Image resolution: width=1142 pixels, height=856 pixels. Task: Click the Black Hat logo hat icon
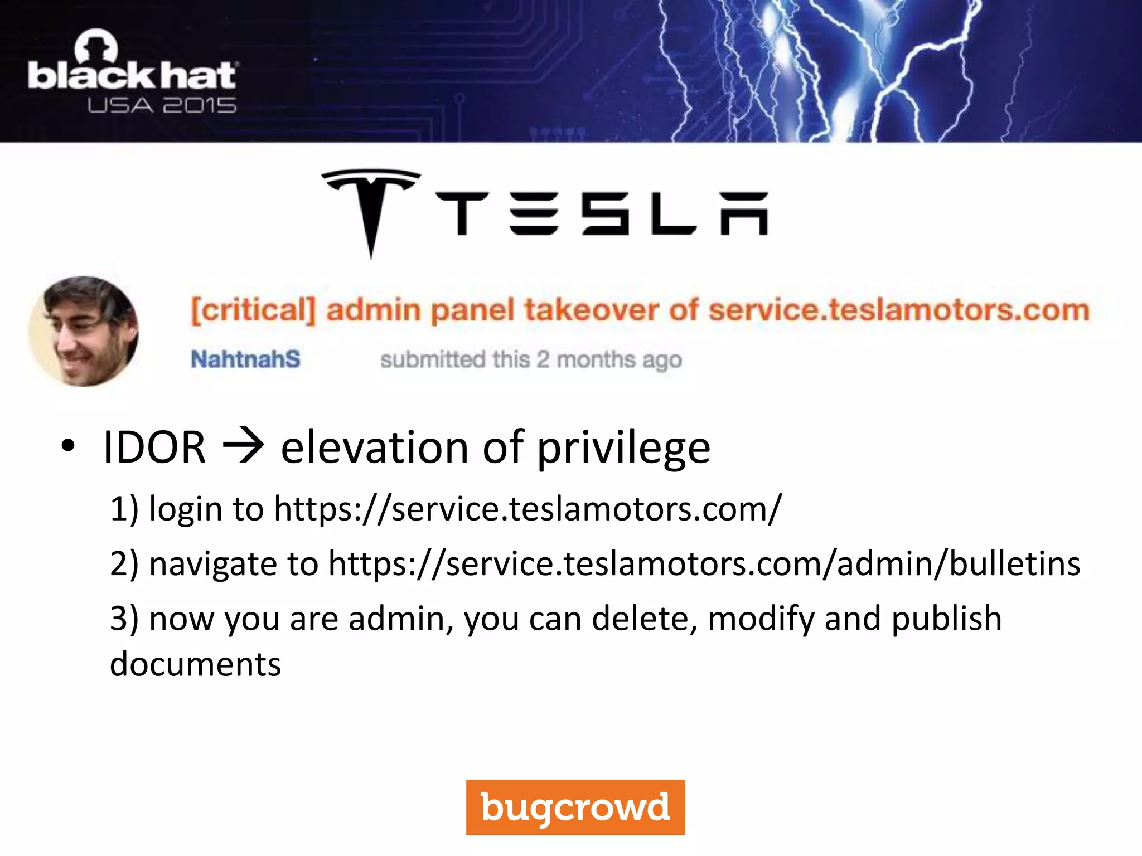[96, 46]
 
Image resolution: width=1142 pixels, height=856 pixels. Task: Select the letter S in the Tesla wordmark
[605, 213]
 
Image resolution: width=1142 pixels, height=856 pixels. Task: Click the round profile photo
[84, 331]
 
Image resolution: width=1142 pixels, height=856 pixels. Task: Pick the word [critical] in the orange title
[253, 310]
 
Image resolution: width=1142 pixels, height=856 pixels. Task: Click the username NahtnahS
[245, 359]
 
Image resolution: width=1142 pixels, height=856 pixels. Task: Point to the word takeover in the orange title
[591, 310]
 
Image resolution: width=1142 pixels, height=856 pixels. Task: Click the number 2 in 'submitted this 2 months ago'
[543, 359]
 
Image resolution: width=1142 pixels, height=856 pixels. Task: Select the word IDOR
[154, 448]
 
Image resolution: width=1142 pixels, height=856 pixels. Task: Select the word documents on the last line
[195, 664]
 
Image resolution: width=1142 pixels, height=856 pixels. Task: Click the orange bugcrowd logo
[575, 807]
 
